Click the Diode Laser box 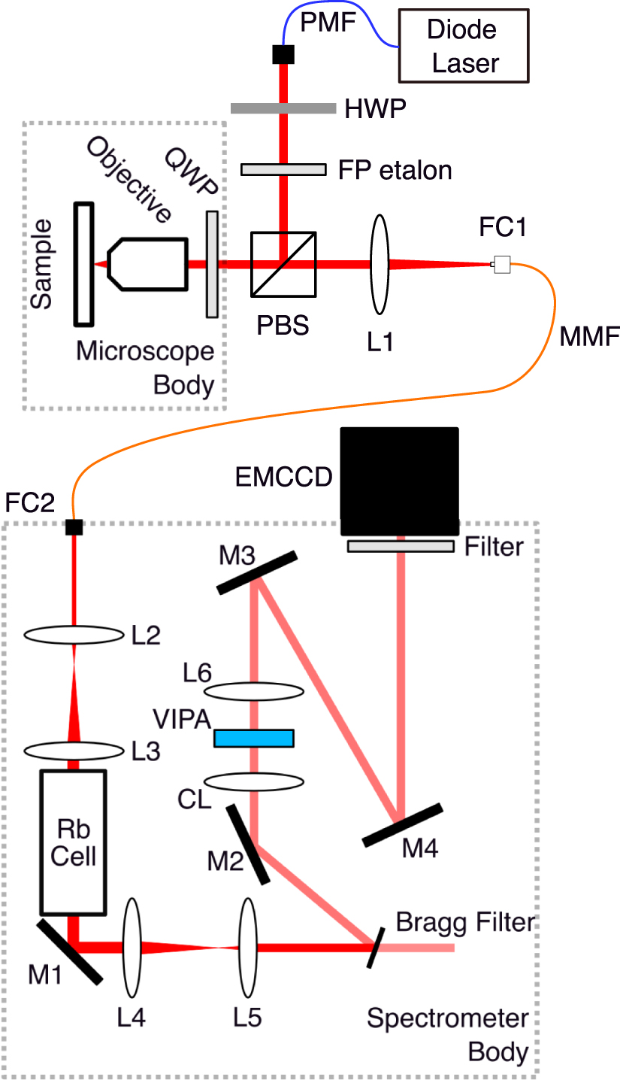point(462,46)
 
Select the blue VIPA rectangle point(253,738)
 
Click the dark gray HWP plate point(283,108)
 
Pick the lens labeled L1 point(379,263)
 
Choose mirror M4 point(402,825)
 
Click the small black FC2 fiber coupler point(74,526)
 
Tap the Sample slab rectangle point(83,264)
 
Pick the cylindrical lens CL point(255,782)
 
